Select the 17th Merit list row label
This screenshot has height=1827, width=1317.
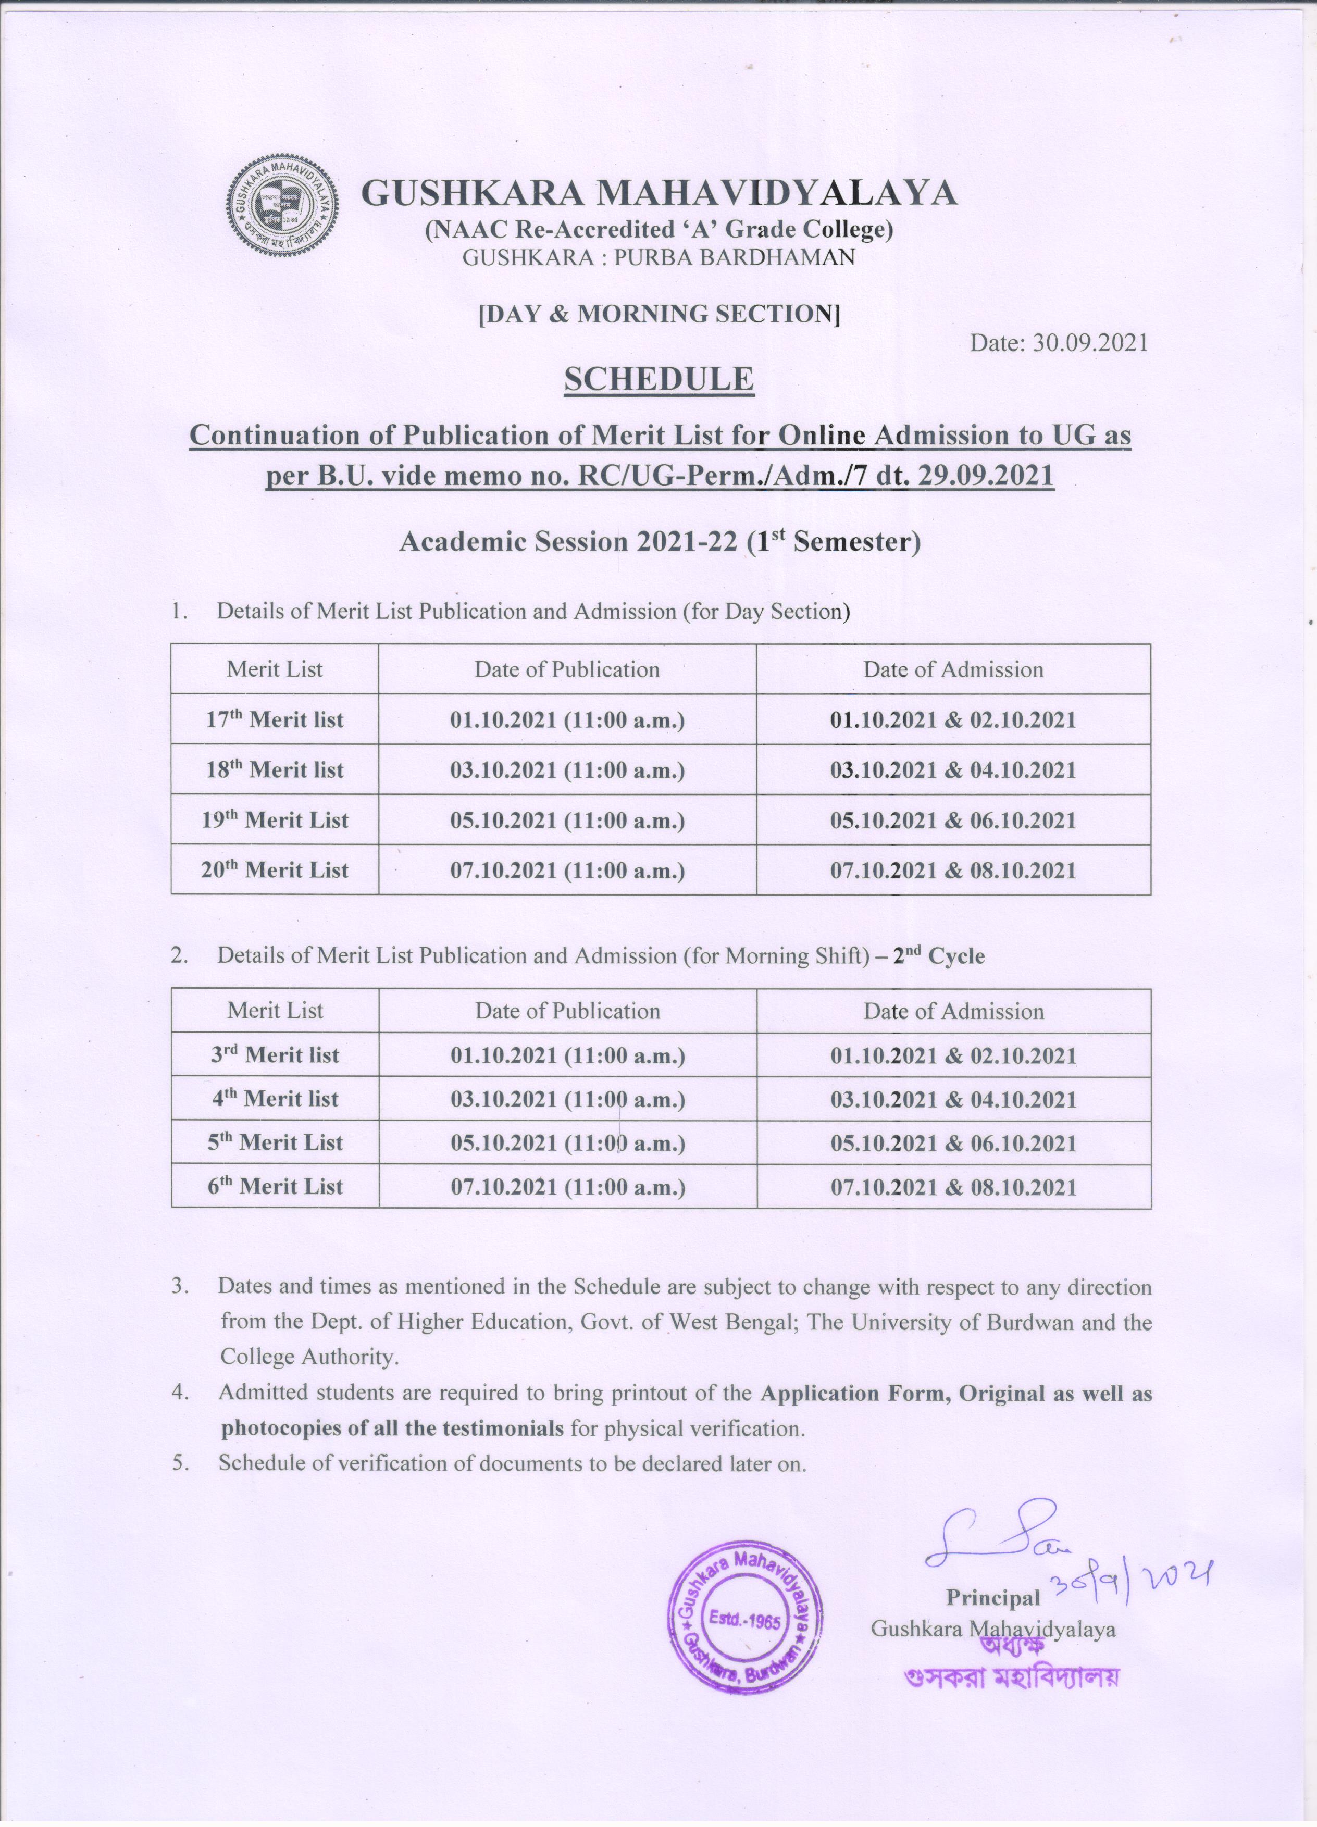tap(275, 719)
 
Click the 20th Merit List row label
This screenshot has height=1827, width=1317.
tap(275, 870)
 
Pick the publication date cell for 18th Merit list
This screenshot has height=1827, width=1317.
tap(567, 770)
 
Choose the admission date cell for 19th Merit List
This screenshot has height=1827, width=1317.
tap(953, 820)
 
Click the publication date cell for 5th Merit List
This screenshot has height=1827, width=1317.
tap(567, 1142)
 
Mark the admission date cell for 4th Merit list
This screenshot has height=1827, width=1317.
tap(953, 1099)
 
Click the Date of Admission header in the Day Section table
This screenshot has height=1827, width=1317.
tap(953, 669)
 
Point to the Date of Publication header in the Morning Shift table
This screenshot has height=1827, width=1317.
tap(567, 1011)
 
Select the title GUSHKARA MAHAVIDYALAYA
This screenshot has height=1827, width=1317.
tap(659, 193)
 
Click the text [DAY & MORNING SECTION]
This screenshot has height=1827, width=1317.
tap(659, 314)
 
